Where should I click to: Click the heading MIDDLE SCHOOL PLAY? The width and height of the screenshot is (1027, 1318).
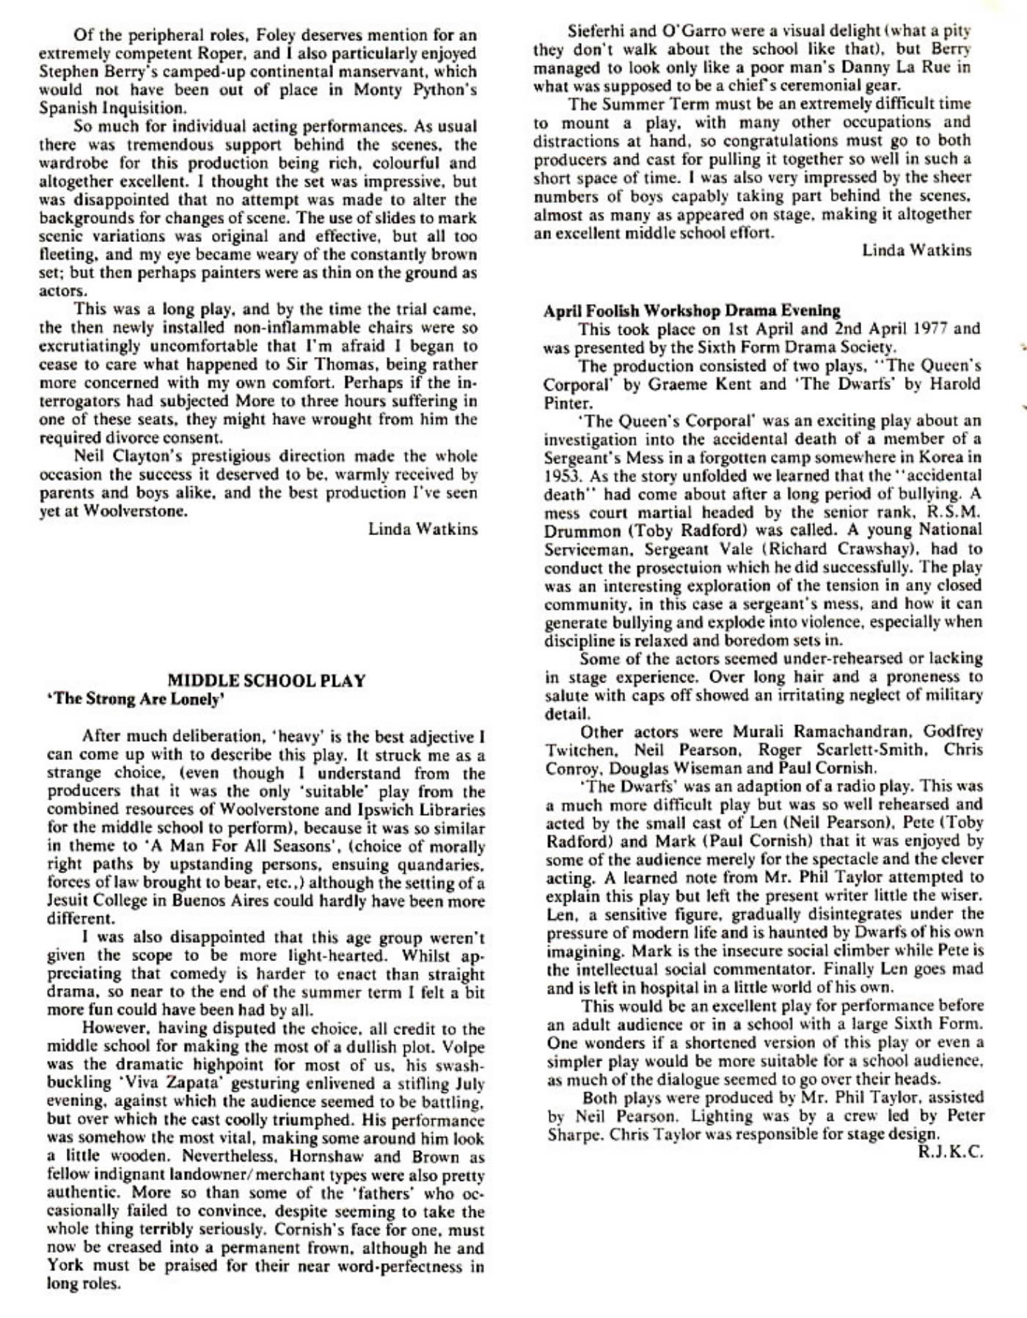[x=266, y=680]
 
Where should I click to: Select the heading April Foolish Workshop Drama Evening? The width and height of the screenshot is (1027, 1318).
[x=692, y=310]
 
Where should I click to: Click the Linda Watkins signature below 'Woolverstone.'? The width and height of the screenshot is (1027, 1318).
[x=423, y=529]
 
